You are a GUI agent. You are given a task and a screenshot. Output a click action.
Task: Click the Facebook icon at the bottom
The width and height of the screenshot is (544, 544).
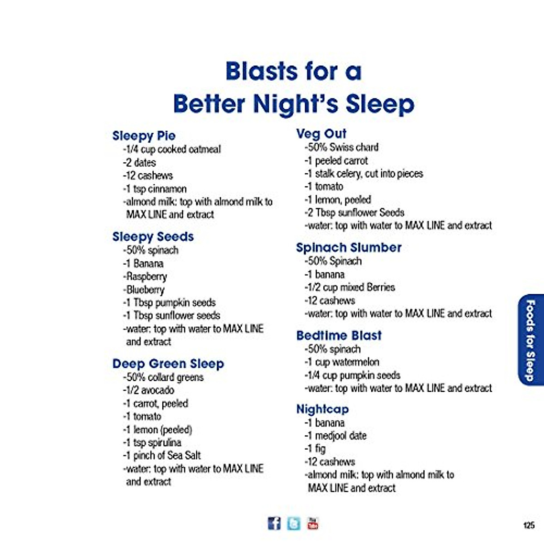(x=274, y=523)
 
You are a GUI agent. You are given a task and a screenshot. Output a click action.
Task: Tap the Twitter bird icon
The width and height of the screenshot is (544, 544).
(x=293, y=523)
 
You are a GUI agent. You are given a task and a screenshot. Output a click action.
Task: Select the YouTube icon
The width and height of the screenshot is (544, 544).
(x=313, y=523)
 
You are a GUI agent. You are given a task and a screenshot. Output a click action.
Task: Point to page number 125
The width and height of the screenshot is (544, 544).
(x=529, y=525)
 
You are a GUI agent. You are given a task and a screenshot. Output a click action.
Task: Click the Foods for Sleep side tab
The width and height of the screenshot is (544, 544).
(x=530, y=340)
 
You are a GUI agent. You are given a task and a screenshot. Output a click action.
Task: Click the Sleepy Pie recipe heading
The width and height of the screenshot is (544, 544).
(x=144, y=136)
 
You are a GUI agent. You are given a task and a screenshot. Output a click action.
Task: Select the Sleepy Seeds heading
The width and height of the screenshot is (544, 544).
(x=153, y=237)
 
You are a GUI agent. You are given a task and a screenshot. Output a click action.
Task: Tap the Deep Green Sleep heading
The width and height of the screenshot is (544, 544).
(x=168, y=364)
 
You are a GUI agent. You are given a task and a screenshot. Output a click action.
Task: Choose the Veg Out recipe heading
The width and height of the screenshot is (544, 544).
(x=321, y=134)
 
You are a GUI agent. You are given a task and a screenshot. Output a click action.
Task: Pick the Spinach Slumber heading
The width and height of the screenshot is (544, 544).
(x=349, y=248)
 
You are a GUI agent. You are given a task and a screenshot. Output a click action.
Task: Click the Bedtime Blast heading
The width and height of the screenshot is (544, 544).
(x=339, y=335)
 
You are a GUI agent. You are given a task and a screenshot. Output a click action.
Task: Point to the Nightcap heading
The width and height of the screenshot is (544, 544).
(x=322, y=409)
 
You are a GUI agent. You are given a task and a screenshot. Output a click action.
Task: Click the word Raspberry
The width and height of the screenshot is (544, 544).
(x=146, y=277)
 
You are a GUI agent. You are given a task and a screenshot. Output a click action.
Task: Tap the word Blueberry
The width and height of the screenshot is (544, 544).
(x=145, y=290)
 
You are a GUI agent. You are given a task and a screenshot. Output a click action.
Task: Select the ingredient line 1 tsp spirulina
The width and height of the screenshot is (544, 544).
(x=152, y=442)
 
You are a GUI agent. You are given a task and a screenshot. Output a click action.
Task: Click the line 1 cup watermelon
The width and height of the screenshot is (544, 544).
(x=342, y=362)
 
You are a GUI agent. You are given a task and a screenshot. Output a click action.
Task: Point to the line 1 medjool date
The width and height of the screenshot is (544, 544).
(x=335, y=436)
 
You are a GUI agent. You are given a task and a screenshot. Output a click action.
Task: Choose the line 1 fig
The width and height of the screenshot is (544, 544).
(x=315, y=449)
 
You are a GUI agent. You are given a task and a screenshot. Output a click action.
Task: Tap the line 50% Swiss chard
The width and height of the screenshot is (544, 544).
(x=341, y=147)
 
